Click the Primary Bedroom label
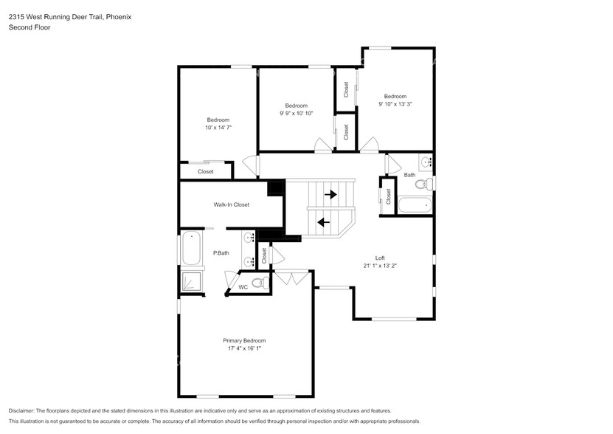coord(243,340)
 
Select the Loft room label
coord(380,258)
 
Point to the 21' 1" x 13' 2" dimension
coord(380,266)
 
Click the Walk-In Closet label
coord(231,204)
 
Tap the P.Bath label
coord(221,253)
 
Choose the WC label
coord(243,286)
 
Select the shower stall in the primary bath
coord(191,282)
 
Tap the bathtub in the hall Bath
coord(415,205)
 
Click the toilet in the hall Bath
coord(423,184)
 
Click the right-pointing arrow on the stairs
coord(330,195)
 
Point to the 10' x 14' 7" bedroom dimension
coord(218,128)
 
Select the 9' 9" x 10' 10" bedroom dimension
coord(296,114)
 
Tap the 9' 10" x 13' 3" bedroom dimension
coord(395,104)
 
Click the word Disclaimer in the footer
coord(24,410)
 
